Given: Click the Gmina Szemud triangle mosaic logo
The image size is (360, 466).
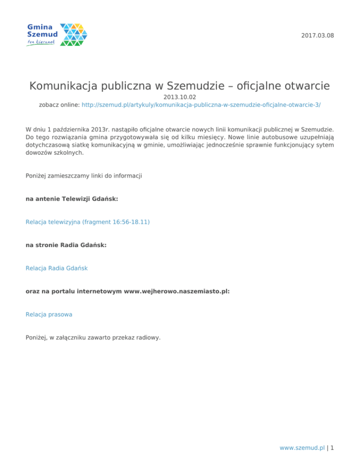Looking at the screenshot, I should (x=74, y=35).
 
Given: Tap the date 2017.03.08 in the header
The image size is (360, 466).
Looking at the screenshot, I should (x=319, y=36).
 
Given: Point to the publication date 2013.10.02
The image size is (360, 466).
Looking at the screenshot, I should (x=180, y=97).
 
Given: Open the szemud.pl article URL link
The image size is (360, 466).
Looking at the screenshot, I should (x=201, y=105).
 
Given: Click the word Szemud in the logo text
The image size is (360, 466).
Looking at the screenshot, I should (x=43, y=35).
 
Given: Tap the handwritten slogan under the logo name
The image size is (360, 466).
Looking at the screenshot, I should (x=41, y=43).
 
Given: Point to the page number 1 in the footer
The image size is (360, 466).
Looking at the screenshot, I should (x=332, y=448).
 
